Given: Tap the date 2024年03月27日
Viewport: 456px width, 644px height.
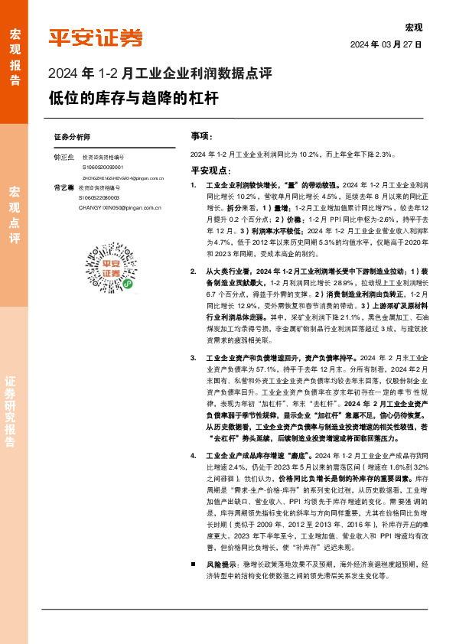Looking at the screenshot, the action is pyautogui.click(x=386, y=44).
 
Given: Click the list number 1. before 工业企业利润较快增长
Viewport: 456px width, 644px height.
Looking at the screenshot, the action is pyautogui.click(x=194, y=186).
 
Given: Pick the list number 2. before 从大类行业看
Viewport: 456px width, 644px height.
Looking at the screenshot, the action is pyautogui.click(x=194, y=272).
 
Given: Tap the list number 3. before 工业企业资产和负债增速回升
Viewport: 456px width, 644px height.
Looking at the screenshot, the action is pyautogui.click(x=194, y=357).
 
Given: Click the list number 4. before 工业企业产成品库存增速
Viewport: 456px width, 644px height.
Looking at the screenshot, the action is pyautogui.click(x=194, y=456).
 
